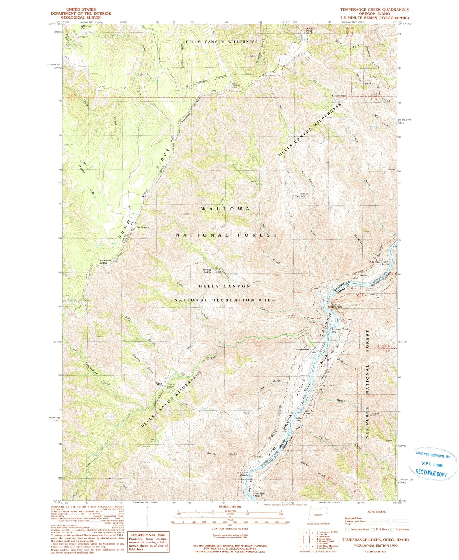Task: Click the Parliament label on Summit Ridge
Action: (143, 227)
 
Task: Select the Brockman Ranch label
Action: (303, 349)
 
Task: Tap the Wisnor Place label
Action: (159, 384)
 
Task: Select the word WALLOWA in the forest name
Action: (226, 209)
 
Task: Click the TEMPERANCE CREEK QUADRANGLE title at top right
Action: (374, 10)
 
